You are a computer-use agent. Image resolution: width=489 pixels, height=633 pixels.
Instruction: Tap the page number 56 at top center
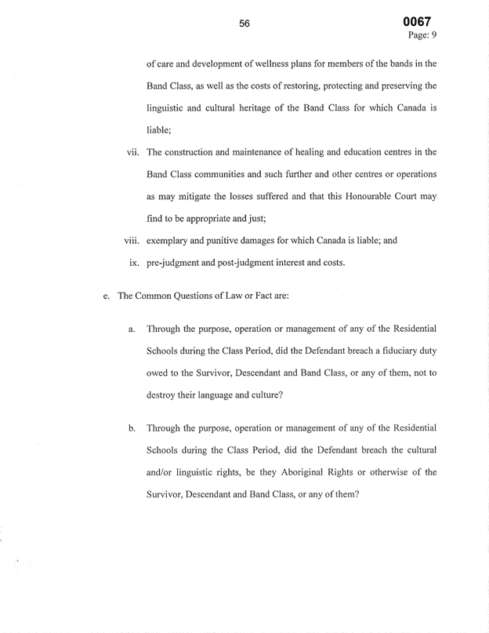pos(244,24)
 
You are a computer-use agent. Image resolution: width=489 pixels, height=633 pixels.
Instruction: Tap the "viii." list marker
pos(130,240)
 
